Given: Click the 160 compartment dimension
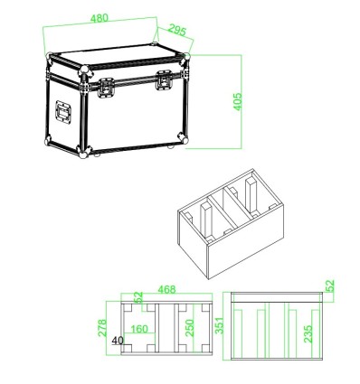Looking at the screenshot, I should click(x=141, y=330).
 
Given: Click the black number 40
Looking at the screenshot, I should click(x=118, y=342).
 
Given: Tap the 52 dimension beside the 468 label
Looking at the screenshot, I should click(x=138, y=295).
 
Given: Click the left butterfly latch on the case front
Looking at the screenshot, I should click(x=106, y=89).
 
